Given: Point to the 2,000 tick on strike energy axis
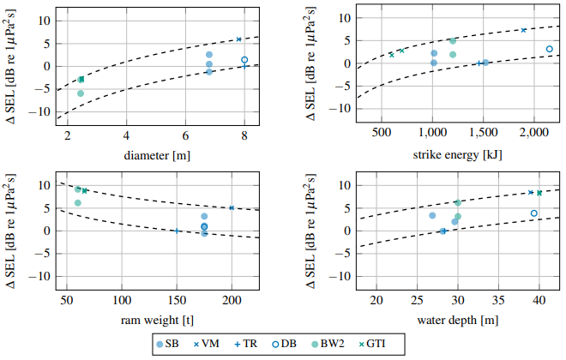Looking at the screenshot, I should click(533, 135).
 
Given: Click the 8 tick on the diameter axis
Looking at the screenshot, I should click(244, 135).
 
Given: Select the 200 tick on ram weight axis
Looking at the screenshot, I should click(232, 301).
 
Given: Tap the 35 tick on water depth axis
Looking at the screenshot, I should click(498, 301).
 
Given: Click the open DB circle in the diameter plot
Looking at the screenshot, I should click(244, 60).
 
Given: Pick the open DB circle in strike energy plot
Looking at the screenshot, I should click(550, 49).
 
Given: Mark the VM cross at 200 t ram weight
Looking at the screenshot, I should click(232, 207).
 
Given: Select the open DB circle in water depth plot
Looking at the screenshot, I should click(534, 213).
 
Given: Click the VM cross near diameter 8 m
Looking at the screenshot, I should click(238, 39).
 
